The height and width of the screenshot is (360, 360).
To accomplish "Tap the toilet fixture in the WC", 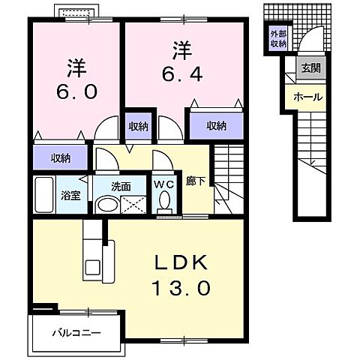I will click(163, 200).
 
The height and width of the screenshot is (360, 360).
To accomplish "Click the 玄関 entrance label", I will click(311, 67).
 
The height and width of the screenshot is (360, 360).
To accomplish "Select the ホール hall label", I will click(307, 97).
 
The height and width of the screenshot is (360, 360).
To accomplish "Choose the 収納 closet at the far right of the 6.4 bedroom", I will click(217, 125).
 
